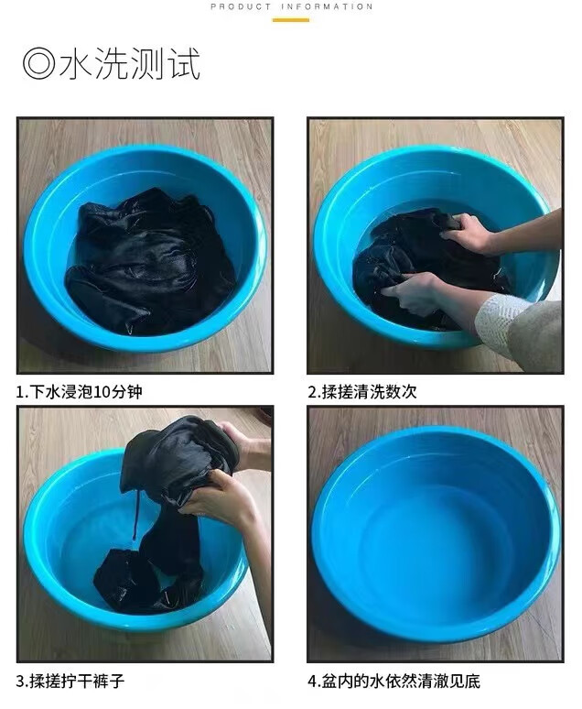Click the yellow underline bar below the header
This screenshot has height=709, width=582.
(291, 20)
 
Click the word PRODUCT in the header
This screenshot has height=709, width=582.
(241, 6)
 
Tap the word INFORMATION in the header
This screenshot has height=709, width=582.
(328, 6)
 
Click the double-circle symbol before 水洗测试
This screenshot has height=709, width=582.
(38, 65)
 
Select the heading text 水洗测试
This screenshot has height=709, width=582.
(130, 64)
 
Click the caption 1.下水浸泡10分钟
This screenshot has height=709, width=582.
(79, 391)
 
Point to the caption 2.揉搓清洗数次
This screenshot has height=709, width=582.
(362, 391)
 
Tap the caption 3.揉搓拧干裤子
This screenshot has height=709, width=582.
(70, 681)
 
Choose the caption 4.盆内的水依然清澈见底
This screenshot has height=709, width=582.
(394, 681)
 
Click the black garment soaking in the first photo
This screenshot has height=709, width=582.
(149, 262)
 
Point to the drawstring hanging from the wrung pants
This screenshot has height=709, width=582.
(135, 516)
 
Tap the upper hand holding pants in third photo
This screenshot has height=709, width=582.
(246, 445)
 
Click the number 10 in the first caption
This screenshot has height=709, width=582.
(102, 392)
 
